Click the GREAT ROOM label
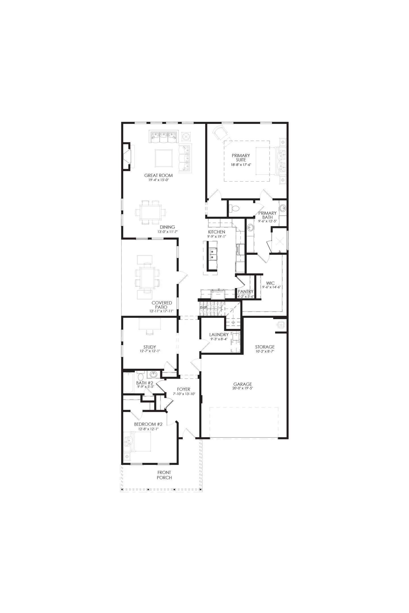tap(158, 175)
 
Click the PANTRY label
tap(245, 291)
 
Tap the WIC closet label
tap(270, 283)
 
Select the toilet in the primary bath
tap(234, 209)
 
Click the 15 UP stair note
tap(203, 307)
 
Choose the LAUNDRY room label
tap(219, 335)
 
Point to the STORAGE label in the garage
tap(265, 347)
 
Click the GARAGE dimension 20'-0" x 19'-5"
tap(243, 388)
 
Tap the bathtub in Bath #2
tap(128, 383)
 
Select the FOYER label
tap(183, 389)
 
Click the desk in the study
tap(150, 324)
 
